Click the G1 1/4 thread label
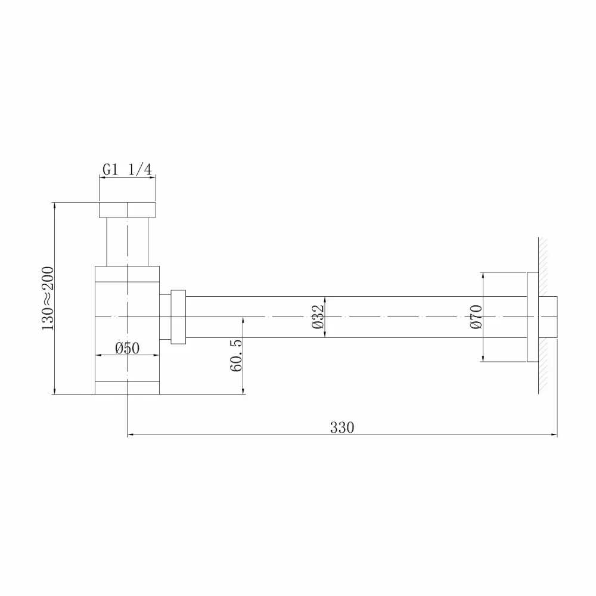tap(127, 169)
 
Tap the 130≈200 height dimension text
tap(48, 299)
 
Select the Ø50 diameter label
tap(128, 348)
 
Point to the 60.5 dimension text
tap(236, 355)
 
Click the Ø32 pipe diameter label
tap(318, 316)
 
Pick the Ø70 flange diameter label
tap(476, 316)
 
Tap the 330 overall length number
tap(342, 427)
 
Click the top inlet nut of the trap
tap(128, 210)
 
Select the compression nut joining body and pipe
tap(178, 317)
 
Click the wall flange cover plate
tap(532, 317)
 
